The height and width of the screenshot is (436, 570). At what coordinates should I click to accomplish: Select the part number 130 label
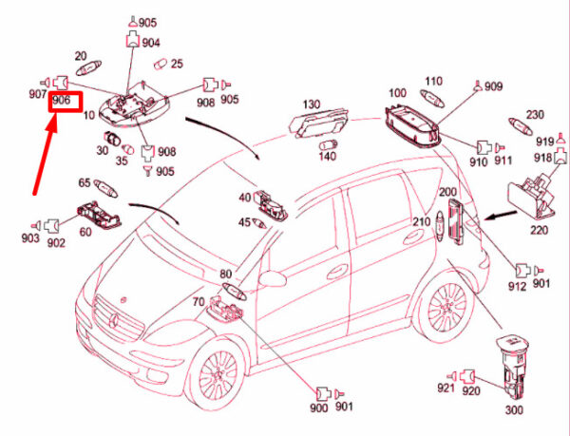[313, 104]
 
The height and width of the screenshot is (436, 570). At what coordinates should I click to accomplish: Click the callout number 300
[514, 410]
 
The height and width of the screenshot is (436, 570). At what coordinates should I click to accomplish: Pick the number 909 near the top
[492, 87]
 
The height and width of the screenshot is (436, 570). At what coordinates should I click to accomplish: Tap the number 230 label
[535, 115]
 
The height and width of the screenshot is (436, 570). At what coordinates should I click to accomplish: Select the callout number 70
[199, 304]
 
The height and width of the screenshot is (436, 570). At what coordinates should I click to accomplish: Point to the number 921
[446, 389]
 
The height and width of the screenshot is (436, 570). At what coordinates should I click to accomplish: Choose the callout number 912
[518, 285]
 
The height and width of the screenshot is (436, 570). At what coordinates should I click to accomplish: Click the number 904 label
[151, 43]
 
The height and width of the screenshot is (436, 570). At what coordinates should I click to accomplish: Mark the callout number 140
[327, 156]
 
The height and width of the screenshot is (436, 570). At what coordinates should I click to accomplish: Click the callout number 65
[85, 183]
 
